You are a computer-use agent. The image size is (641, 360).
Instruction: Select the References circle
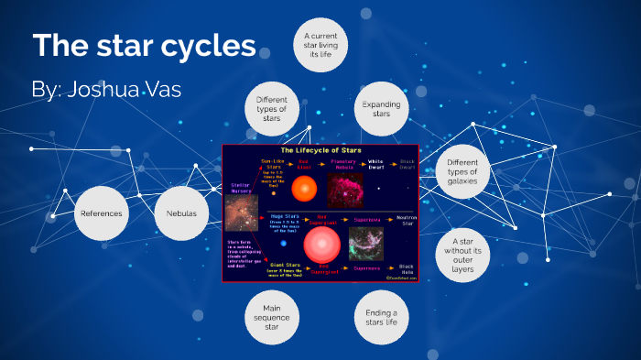pos(101,213)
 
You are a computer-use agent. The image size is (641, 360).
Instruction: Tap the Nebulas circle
pos(181,213)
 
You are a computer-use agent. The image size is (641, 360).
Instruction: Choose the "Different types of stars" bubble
pos(272,109)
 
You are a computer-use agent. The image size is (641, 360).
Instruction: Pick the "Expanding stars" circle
pos(382,109)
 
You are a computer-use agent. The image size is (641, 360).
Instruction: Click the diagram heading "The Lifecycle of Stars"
pos(320,149)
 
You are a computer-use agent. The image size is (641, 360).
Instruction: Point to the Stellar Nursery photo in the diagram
pos(240,213)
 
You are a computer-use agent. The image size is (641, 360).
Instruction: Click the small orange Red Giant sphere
pos(304,189)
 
